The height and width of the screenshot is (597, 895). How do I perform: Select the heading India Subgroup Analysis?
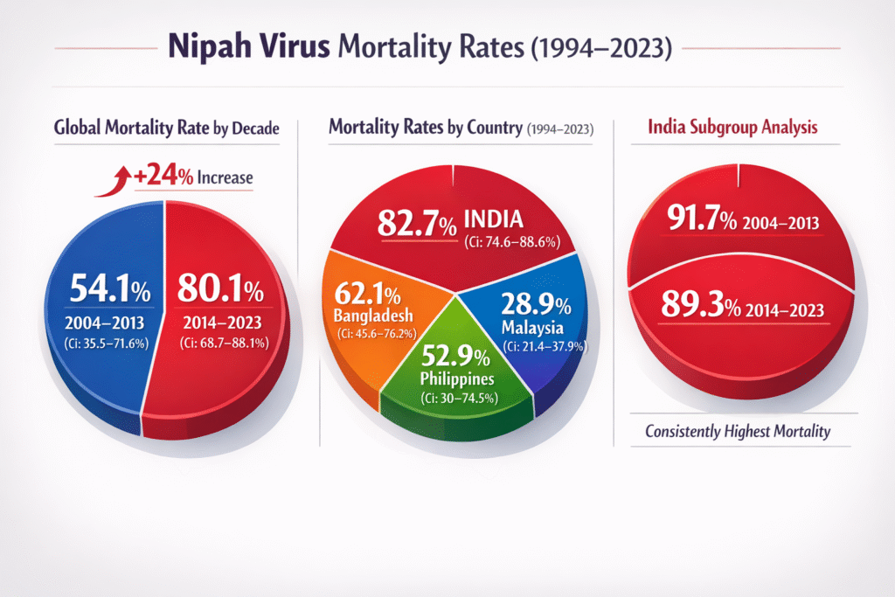[x=732, y=128]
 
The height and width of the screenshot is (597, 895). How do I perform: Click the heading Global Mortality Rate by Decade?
[x=166, y=128]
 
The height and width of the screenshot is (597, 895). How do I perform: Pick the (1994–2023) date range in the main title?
[x=599, y=48]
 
